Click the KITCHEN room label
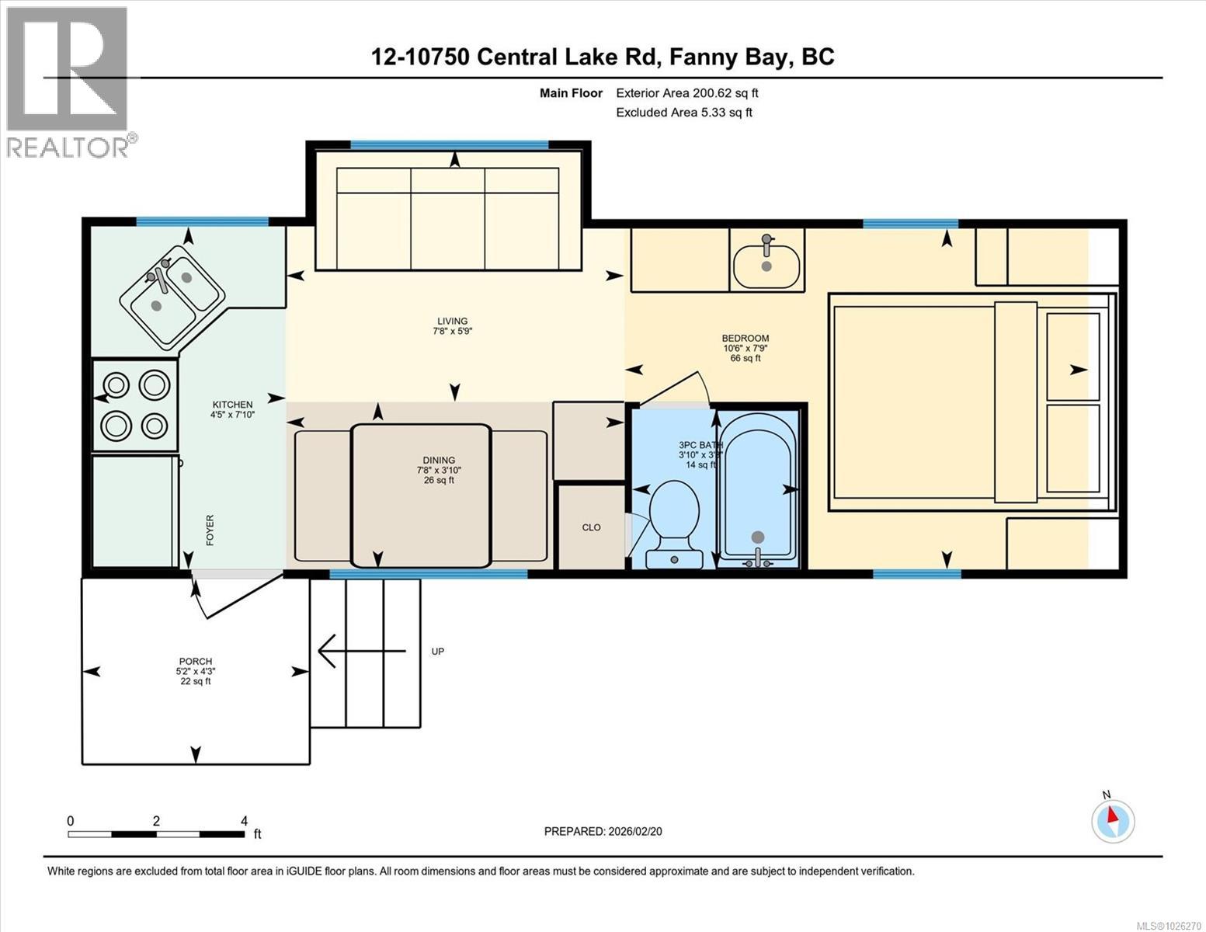(233, 405)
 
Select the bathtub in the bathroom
(757, 485)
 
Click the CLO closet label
(591, 527)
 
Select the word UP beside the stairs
(438, 652)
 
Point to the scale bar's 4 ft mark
(244, 822)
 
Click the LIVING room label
(452, 321)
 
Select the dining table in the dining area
(421, 495)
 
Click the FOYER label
(210, 530)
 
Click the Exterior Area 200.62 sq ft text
(686, 93)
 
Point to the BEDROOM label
(745, 338)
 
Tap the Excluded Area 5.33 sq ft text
(683, 113)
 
